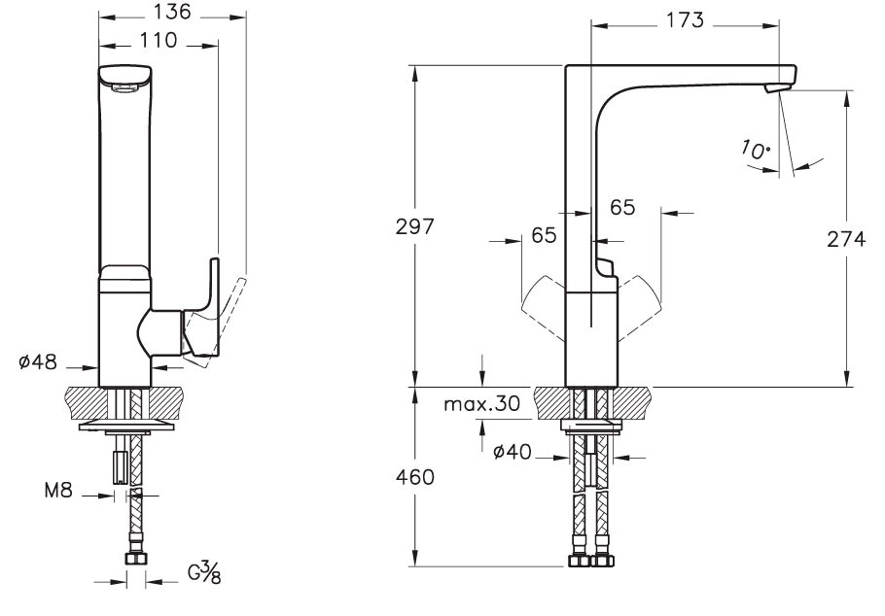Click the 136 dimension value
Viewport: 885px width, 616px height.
173,13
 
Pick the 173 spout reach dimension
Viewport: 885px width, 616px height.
687,20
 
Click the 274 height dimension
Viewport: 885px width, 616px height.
845,238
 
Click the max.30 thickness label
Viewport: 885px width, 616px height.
481,402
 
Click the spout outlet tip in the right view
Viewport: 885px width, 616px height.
775,89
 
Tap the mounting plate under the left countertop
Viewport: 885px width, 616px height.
124,426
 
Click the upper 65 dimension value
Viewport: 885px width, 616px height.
622,206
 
